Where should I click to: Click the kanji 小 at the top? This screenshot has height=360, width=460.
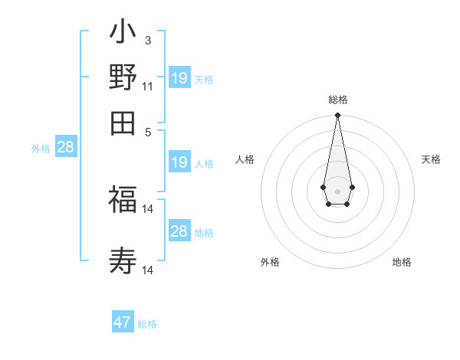(x=123, y=33)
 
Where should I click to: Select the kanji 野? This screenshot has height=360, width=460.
(x=123, y=77)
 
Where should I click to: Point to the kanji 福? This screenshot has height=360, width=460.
(x=123, y=200)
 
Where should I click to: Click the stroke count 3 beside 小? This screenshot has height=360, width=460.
(x=148, y=40)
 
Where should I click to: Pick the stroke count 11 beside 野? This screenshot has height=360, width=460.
(x=148, y=86)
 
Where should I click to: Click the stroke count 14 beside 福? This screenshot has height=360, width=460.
(x=148, y=208)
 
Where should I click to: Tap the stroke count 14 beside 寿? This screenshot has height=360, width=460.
(x=148, y=270)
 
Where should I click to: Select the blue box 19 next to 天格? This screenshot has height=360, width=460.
(x=179, y=78)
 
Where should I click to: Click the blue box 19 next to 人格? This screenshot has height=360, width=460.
(x=179, y=162)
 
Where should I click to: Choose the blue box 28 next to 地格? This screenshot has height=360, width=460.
(x=179, y=231)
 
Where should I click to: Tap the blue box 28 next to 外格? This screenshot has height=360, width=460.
(x=66, y=147)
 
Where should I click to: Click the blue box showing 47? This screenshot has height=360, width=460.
(x=123, y=322)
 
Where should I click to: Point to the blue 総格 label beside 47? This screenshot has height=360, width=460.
(x=147, y=324)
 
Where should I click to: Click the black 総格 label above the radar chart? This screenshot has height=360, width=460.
(x=337, y=100)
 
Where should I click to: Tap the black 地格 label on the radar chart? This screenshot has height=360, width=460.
(x=402, y=262)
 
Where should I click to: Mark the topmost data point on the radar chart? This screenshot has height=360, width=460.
(x=337, y=116)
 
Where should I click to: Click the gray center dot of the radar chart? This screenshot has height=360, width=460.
(x=337, y=191)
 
